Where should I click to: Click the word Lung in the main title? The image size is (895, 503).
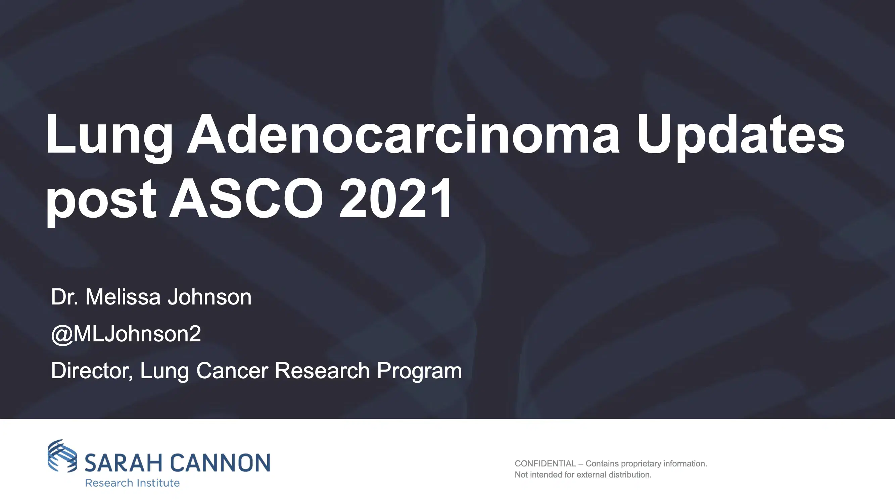[x=109, y=135]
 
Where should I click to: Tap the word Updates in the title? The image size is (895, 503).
[x=740, y=135]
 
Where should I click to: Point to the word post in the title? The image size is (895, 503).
[x=101, y=200]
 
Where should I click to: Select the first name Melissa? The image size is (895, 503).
[x=123, y=297]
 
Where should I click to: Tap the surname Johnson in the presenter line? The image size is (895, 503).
[x=209, y=297]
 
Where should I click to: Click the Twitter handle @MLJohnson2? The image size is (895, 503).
[x=126, y=334]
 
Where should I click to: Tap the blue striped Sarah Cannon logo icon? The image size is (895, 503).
[x=62, y=455]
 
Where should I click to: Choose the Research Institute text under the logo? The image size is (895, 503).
[x=132, y=483]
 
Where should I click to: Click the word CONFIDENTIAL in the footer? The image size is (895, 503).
[x=545, y=464]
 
